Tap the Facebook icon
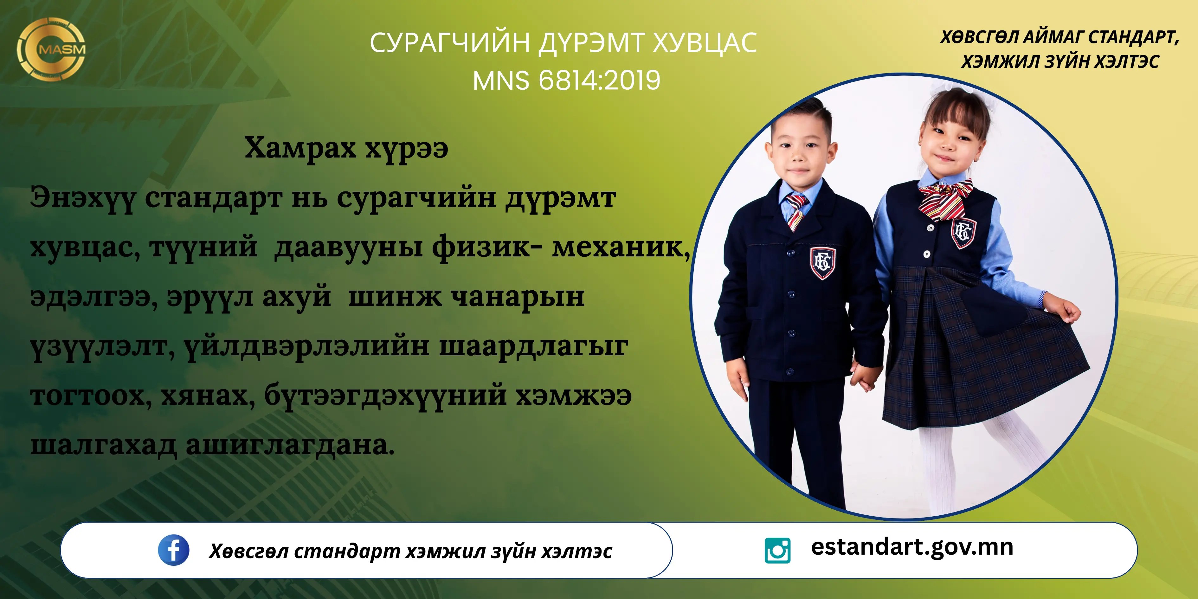173,550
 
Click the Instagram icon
777,551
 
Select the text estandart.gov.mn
912,547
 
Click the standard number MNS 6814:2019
566,80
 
